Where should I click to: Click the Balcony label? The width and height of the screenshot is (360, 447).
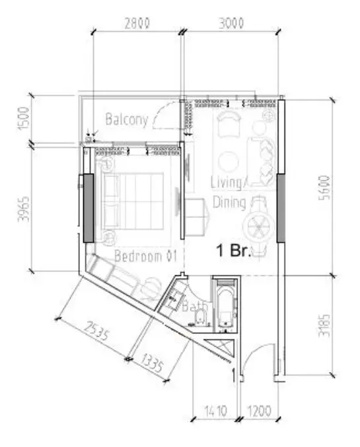coord(126,120)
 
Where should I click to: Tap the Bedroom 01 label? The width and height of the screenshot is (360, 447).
coord(141,256)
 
